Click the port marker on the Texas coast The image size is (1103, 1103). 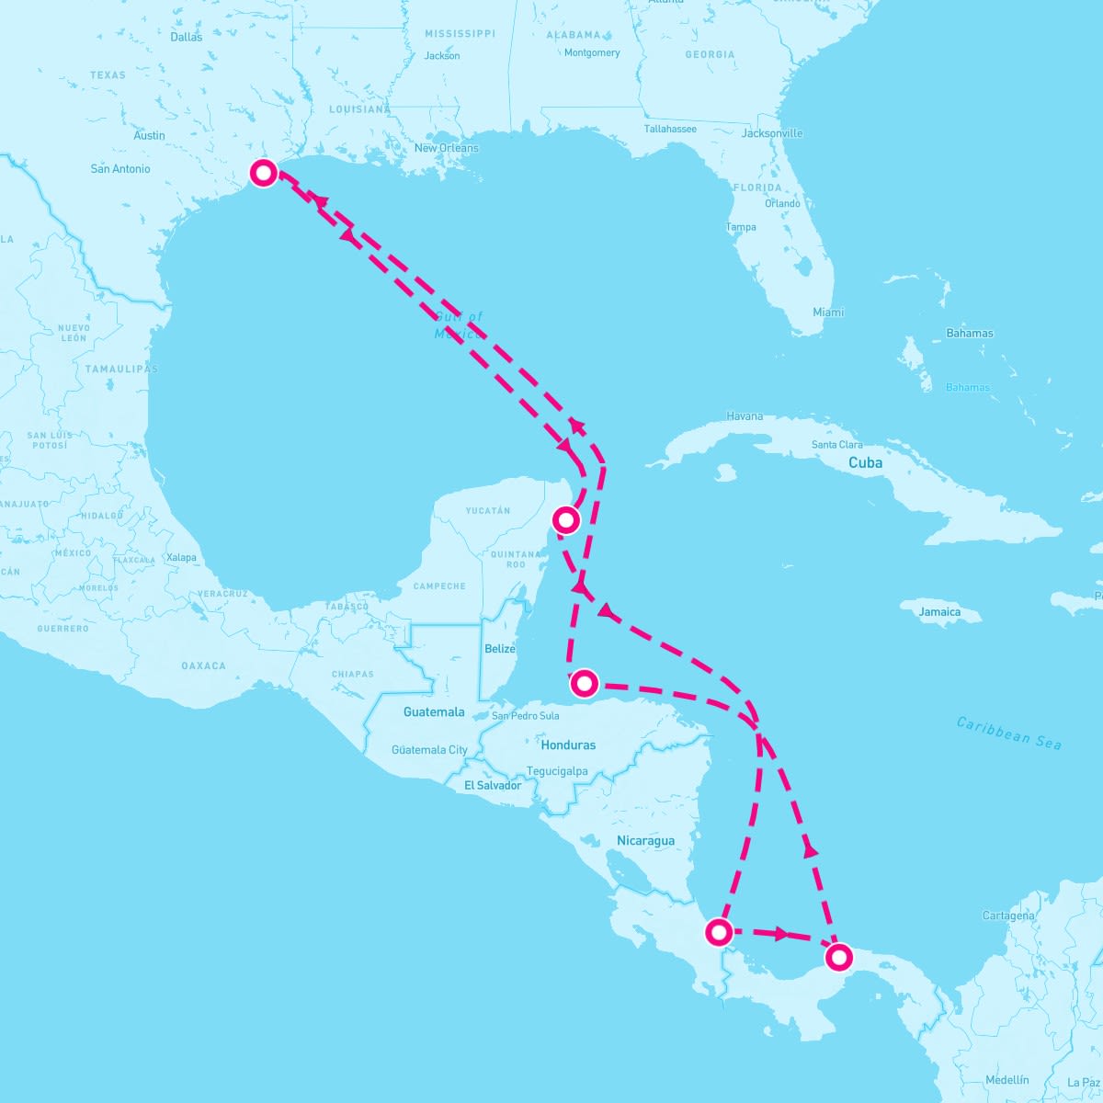coord(264,173)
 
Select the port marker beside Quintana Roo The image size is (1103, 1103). coord(567,520)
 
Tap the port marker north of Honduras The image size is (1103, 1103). coord(584,683)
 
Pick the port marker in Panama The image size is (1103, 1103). coord(838,958)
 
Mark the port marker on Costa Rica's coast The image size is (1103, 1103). coord(719,933)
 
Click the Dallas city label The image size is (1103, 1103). coord(187,38)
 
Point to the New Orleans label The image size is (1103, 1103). coord(446,148)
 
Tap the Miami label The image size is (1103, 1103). coord(828,313)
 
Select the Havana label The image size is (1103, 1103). coord(745,416)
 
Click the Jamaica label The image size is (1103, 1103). coord(939,612)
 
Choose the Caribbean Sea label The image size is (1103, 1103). coord(1008,733)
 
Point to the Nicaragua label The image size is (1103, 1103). coord(645,841)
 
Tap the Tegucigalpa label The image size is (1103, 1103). coord(557,771)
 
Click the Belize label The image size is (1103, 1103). coord(500,649)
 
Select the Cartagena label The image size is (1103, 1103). coord(1008,915)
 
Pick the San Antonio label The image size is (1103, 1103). coord(120,169)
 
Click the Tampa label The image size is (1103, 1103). coord(741,227)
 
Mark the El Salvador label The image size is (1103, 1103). coord(493,786)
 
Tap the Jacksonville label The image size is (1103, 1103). coord(772,133)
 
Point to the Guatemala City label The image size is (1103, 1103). coord(429,750)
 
